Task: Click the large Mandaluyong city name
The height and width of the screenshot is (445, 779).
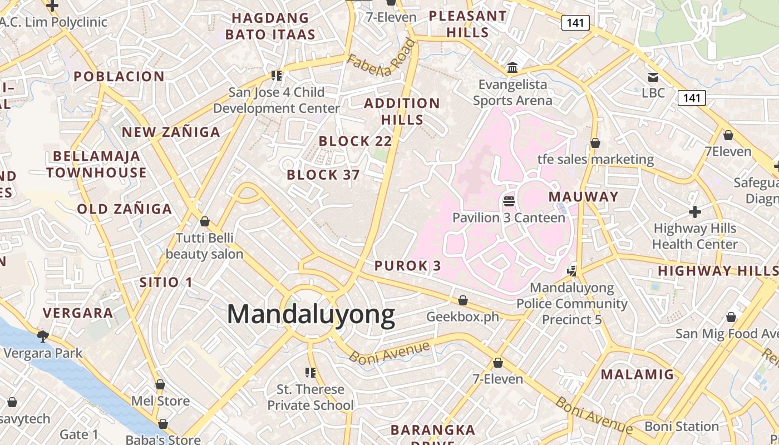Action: (x=311, y=315)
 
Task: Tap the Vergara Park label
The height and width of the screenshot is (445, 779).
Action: (x=43, y=353)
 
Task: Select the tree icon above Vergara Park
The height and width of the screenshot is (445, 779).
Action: (x=42, y=335)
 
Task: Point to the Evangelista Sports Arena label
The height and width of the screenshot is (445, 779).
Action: (x=512, y=92)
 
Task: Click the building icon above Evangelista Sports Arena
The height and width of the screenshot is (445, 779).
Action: (x=512, y=68)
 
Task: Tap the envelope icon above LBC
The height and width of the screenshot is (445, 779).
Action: (x=653, y=77)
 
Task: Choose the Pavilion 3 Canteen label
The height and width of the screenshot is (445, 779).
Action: (x=509, y=217)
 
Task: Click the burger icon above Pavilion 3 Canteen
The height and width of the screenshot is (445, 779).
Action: (x=509, y=201)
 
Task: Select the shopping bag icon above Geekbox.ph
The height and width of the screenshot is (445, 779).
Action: (x=462, y=300)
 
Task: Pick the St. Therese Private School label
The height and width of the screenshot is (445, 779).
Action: (x=310, y=397)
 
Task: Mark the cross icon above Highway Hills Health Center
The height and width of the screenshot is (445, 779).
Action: (x=694, y=212)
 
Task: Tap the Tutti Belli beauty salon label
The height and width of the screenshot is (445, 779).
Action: (x=205, y=246)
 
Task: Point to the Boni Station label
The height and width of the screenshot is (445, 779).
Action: (x=682, y=427)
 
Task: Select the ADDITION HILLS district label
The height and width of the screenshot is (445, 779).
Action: (x=402, y=111)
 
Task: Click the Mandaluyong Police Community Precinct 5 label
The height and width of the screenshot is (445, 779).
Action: (x=572, y=304)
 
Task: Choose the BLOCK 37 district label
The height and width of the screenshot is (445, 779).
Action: (x=323, y=175)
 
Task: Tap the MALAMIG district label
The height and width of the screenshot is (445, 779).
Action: (x=637, y=374)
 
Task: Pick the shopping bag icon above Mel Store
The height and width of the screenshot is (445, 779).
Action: (x=160, y=384)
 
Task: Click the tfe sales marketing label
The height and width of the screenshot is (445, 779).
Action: (x=595, y=160)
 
